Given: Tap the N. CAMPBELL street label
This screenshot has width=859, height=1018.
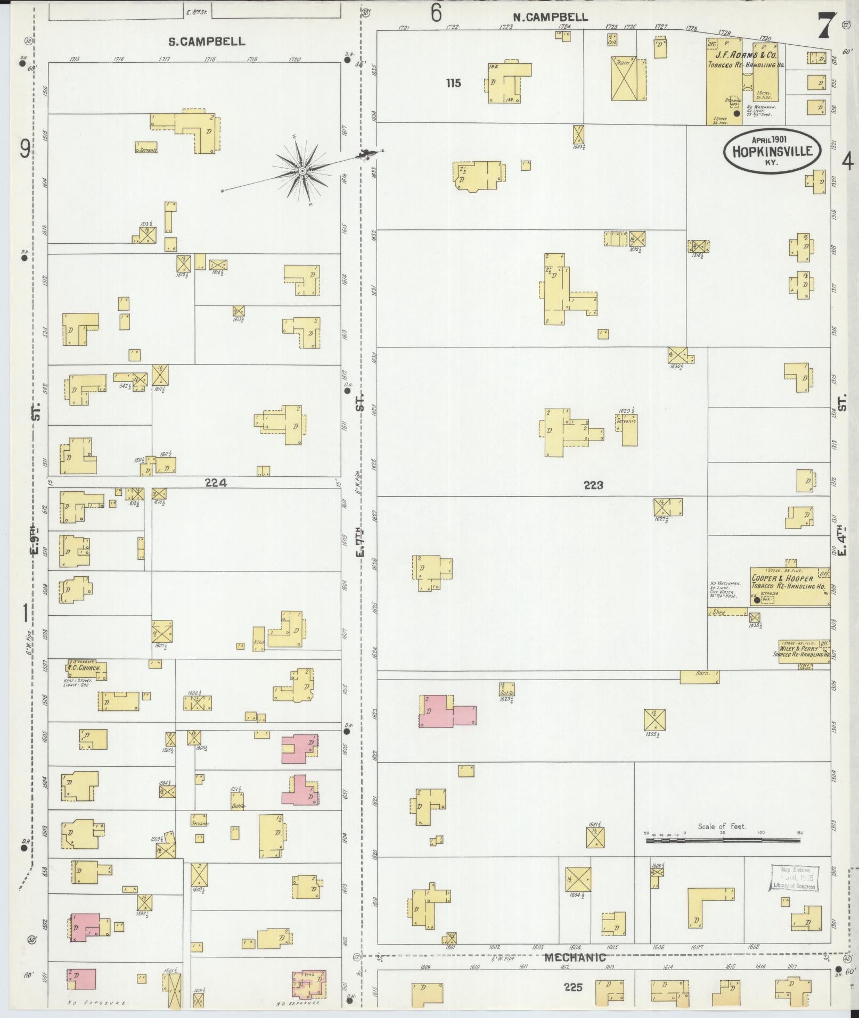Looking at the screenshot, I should [551, 17].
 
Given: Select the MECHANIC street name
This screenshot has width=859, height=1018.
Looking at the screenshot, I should [576, 958].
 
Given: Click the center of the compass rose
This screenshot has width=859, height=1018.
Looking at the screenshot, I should [302, 171].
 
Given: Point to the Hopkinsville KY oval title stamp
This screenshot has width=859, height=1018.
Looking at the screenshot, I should [772, 151].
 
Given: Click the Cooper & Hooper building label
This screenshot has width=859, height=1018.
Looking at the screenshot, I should [782, 578].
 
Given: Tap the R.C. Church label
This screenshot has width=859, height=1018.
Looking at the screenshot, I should [80, 667].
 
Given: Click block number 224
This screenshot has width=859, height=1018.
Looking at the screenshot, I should [215, 483].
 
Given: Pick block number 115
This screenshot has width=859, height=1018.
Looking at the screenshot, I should [454, 83].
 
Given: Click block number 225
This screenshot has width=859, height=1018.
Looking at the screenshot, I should [574, 987].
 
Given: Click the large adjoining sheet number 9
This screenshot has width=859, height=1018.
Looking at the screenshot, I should [24, 150].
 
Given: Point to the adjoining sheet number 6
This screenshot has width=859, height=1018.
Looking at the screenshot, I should [436, 14].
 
